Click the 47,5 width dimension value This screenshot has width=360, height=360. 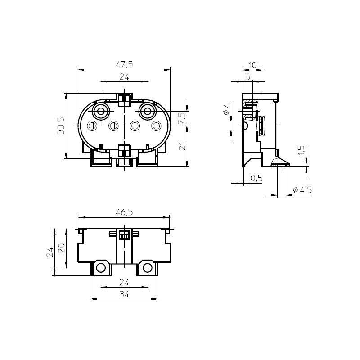124,65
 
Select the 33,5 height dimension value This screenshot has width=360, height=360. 61,126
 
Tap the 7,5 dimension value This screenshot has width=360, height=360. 182,119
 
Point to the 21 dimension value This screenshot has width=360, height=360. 182,146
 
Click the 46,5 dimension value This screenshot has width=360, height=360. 124,212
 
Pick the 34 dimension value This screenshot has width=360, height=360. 124,294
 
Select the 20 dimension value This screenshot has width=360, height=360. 62,248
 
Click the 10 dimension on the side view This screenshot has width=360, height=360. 252,65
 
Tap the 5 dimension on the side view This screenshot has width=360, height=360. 247,77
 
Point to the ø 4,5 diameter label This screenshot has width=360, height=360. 302,190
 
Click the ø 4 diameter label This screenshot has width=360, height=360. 226,109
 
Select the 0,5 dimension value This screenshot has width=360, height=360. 256,178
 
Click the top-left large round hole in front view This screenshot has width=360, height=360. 101,111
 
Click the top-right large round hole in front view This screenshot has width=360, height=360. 148,111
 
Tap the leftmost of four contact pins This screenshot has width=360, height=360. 92,126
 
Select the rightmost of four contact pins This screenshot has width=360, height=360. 156,126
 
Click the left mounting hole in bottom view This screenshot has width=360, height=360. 101,268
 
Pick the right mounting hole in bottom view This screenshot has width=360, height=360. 148,268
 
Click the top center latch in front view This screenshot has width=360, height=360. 124,99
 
